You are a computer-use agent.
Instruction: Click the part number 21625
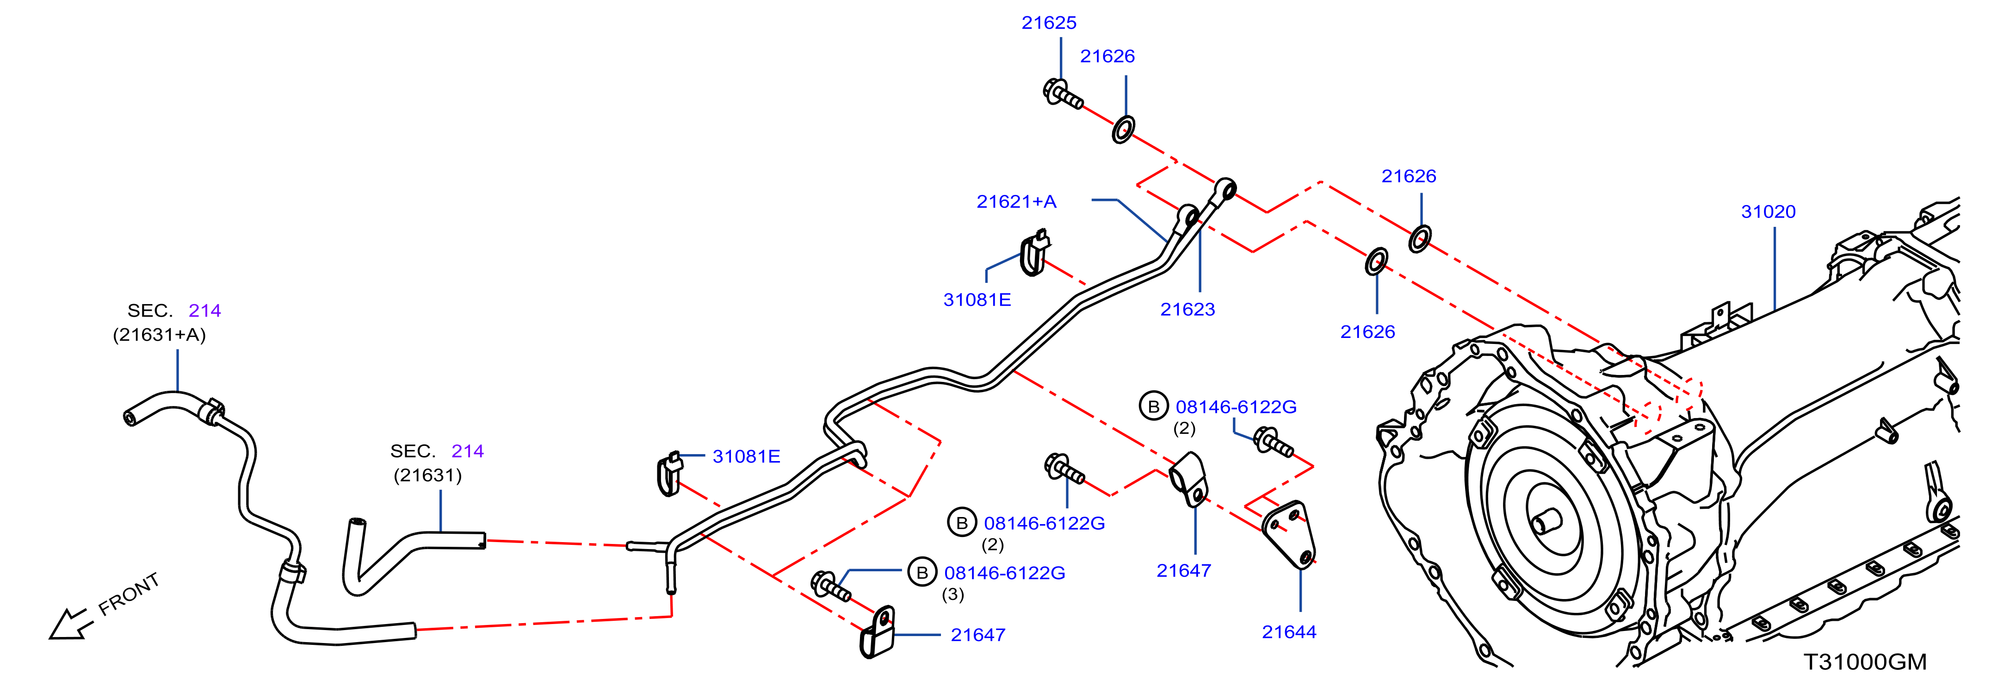pyautogui.click(x=1049, y=23)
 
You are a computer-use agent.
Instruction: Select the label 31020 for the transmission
pyautogui.click(x=1768, y=212)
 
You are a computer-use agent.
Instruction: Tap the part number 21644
pyautogui.click(x=1289, y=631)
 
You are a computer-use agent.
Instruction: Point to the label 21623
pyautogui.click(x=1187, y=309)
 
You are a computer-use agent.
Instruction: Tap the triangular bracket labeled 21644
pyautogui.click(x=1289, y=535)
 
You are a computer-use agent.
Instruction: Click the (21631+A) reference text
pyautogui.click(x=159, y=335)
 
